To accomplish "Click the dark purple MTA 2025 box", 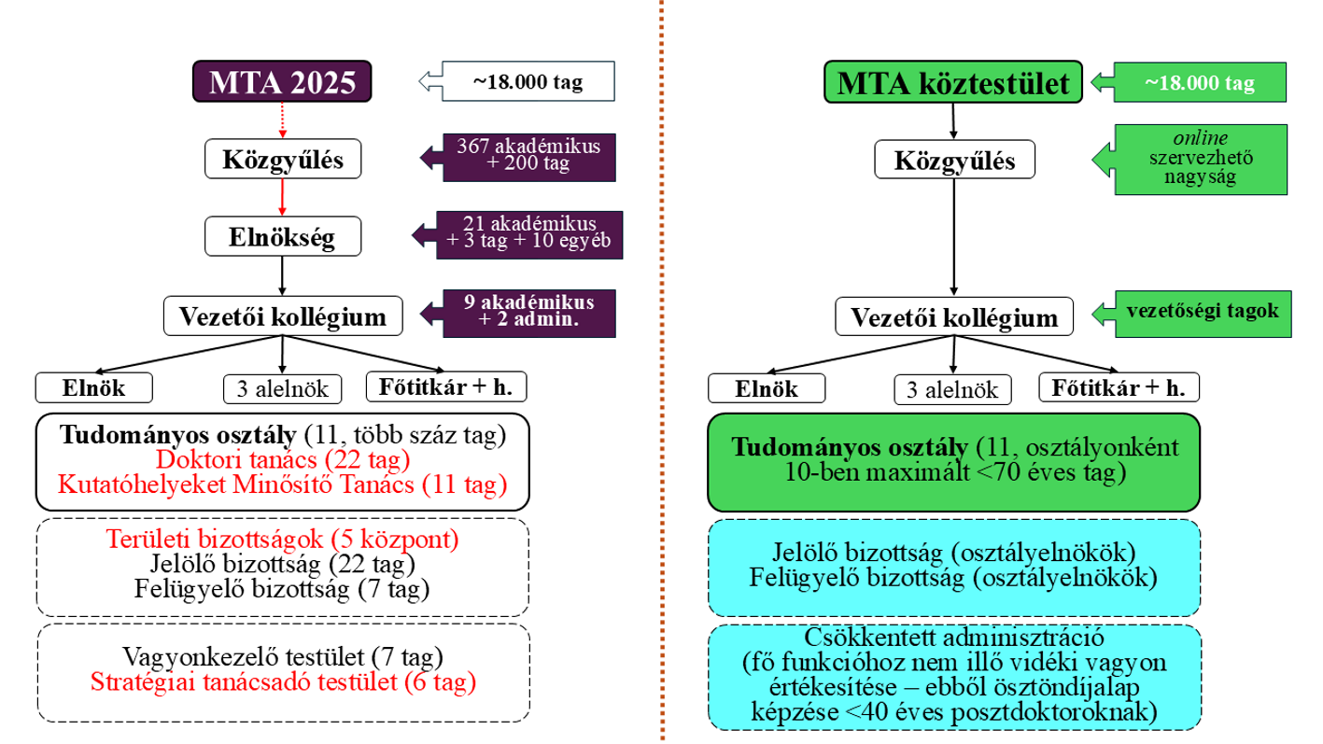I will point(282,82).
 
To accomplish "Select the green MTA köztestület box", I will point(952,82).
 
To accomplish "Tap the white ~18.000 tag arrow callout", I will point(527,82).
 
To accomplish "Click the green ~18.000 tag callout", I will point(1199,82).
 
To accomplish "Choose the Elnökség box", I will point(282,237).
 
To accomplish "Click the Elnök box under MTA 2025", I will point(93,387).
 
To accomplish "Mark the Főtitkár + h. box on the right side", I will point(1119,387).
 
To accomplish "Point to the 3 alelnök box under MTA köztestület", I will point(952,388).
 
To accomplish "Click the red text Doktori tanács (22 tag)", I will point(283,460).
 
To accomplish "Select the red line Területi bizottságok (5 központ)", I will point(282,540).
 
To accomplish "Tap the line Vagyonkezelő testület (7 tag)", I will point(282,656).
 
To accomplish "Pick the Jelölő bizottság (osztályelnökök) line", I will point(953,552).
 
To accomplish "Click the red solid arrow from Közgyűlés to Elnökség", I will point(282,197).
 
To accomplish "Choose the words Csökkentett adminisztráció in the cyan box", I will point(953,639).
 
